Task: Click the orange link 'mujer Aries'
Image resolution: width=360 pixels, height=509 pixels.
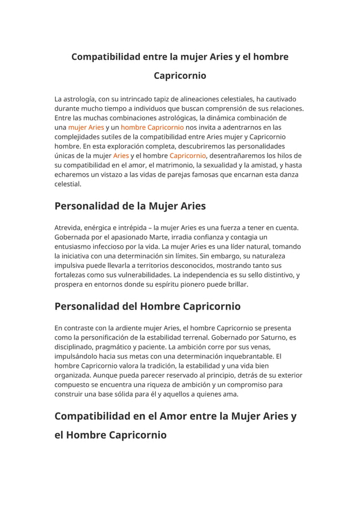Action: click(86, 128)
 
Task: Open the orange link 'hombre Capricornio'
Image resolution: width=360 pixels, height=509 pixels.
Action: click(148, 128)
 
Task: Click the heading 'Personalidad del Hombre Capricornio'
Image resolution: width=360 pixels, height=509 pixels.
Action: click(147, 306)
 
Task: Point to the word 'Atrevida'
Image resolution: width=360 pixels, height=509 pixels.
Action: click(69, 228)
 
